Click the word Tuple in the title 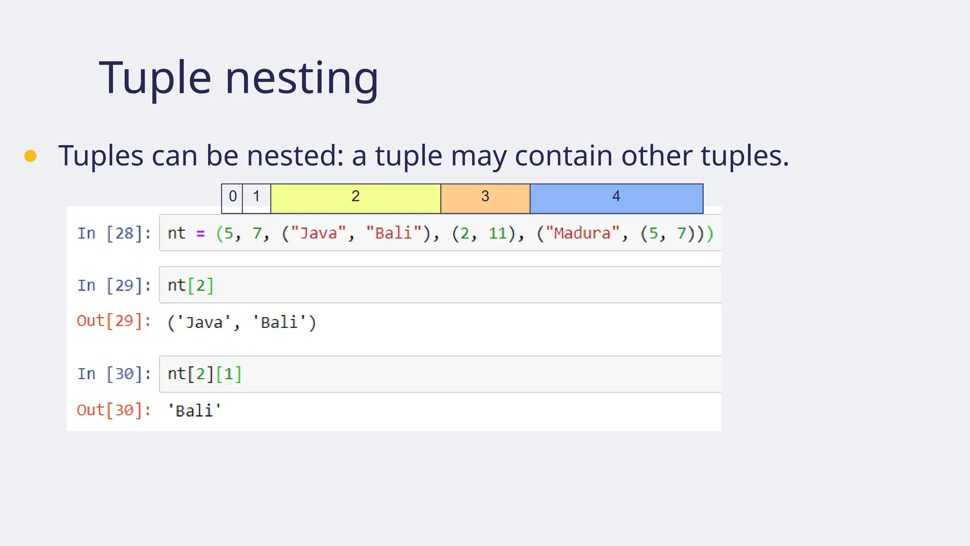(155, 78)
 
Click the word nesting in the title (302, 78)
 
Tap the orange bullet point (30, 156)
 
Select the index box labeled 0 (232, 197)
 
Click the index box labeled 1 (256, 197)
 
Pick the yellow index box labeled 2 (355, 197)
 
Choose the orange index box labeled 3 (485, 197)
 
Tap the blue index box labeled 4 (616, 197)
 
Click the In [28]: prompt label (114, 233)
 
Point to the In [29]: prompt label (114, 285)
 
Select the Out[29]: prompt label (114, 321)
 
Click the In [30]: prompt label (114, 374)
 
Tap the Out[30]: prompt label (114, 410)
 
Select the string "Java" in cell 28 (318, 233)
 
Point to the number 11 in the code (497, 233)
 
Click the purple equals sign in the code (201, 234)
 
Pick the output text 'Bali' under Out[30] (194, 410)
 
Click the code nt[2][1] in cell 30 (205, 374)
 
